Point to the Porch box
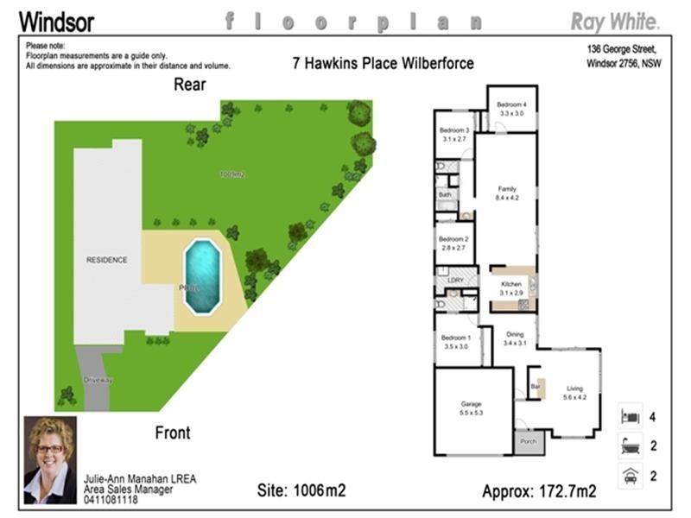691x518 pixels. pyautogui.click(x=529, y=442)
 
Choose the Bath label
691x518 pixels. pyautogui.click(x=445, y=195)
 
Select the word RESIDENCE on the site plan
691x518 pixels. pyautogui.click(x=106, y=259)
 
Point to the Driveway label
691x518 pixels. pyautogui.click(x=98, y=380)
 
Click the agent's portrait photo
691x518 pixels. pyautogui.click(x=49, y=447)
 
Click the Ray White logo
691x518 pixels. pyautogui.click(x=615, y=21)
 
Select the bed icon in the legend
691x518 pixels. pyautogui.click(x=629, y=417)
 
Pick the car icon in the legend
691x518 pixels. pyautogui.click(x=629, y=475)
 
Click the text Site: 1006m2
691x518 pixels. pyautogui.click(x=301, y=491)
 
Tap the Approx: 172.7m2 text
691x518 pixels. pyautogui.click(x=538, y=491)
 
